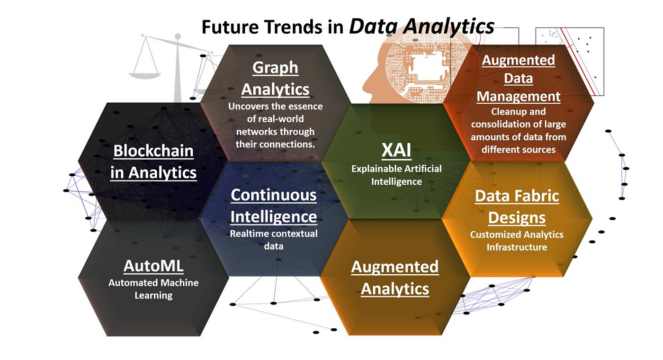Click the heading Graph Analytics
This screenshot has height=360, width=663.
coord(275,78)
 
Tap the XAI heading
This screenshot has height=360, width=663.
coord(396,151)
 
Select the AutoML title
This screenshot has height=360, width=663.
coord(153,266)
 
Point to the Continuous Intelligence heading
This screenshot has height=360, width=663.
coord(274,206)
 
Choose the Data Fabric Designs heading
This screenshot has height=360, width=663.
coord(517,207)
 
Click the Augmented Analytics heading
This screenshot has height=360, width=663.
coord(395,278)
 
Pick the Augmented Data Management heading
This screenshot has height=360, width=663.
coord(518,78)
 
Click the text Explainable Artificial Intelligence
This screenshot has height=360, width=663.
coord(396,175)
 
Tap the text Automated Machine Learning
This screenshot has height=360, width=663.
coord(153,289)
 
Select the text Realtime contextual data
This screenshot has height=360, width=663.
coord(274,240)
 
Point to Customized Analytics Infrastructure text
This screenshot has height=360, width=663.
coord(517,241)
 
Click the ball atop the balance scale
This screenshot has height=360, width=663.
coord(178,36)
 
